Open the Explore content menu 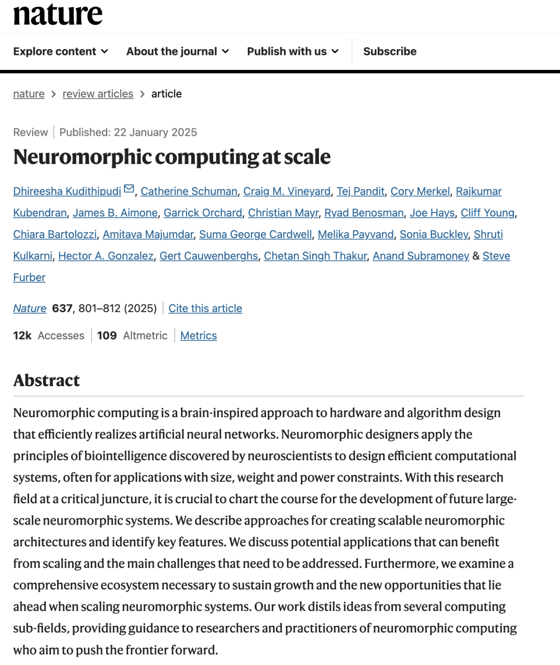pyautogui.click(x=61, y=51)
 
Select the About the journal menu pyautogui.click(x=177, y=51)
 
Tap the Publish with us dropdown pyautogui.click(x=292, y=51)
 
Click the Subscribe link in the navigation pyautogui.click(x=389, y=51)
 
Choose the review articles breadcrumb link pyautogui.click(x=98, y=94)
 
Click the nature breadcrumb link pyautogui.click(x=29, y=94)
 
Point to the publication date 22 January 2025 pyautogui.click(x=155, y=132)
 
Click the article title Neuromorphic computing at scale pyautogui.click(x=172, y=157)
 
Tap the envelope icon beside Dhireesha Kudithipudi pyautogui.click(x=129, y=189)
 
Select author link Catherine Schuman pyautogui.click(x=189, y=191)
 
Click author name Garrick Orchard pyautogui.click(x=203, y=213)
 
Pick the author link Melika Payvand pyautogui.click(x=356, y=234)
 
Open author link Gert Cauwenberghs pyautogui.click(x=208, y=256)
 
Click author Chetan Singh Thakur pyautogui.click(x=315, y=256)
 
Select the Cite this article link pyautogui.click(x=205, y=308)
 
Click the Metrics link pyautogui.click(x=199, y=336)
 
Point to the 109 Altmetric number pyautogui.click(x=107, y=336)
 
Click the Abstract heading pyautogui.click(x=47, y=380)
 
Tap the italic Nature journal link pyautogui.click(x=30, y=308)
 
